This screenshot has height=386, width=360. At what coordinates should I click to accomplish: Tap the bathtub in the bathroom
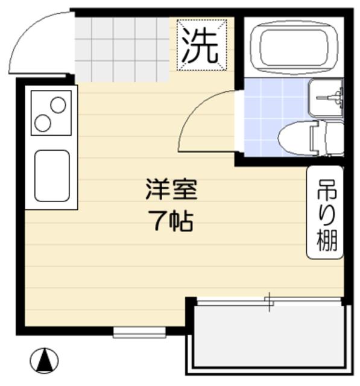[x=294, y=47]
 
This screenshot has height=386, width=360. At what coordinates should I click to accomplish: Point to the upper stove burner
[x=58, y=106]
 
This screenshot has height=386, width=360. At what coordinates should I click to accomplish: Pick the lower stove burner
[x=43, y=124]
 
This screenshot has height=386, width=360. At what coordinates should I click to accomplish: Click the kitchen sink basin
[x=51, y=176]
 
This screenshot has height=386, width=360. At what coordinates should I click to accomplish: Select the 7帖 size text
[x=171, y=222]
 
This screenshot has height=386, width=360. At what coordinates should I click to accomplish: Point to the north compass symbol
[x=45, y=361]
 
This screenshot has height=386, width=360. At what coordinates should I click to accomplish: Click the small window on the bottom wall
[x=139, y=332]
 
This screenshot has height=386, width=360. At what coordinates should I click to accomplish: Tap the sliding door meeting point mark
[x=269, y=302]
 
